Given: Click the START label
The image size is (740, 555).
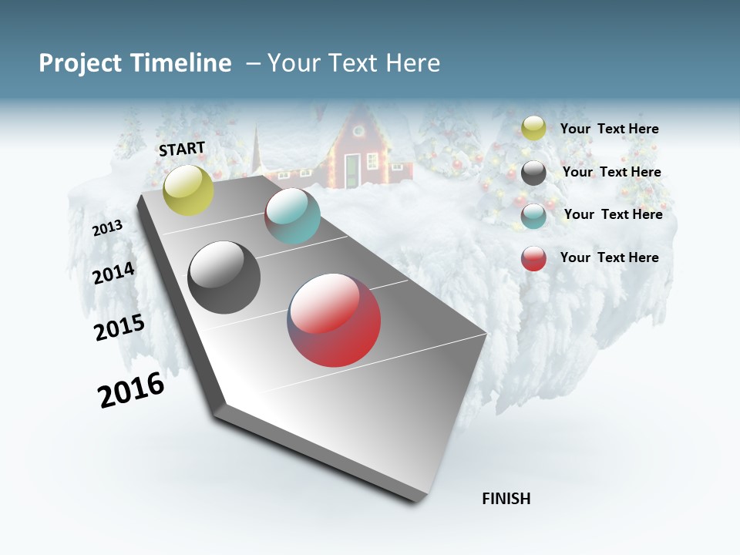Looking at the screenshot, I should pos(182,149).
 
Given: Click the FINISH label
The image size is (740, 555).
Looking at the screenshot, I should pos(506,499).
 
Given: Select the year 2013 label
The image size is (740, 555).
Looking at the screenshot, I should pos(107,228).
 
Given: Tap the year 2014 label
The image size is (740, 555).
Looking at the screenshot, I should pos(114,274).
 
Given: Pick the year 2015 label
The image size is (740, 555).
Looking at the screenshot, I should pos(119,328).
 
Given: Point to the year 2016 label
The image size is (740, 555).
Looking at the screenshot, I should pos(131,390).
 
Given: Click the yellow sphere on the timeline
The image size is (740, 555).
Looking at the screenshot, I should pos(188,190).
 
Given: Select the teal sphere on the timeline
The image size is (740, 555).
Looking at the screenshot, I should pos(292,216).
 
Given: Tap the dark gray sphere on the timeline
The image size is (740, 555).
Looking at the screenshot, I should pos(224,277).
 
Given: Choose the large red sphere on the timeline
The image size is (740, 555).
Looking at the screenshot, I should pos(335,320).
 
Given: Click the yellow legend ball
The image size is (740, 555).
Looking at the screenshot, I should pos(533,128).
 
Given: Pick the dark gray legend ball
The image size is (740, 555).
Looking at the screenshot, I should pos(533,173).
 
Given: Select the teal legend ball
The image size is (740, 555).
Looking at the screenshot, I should pos(533,216).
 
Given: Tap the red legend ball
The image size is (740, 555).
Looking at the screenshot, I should pos(533,258).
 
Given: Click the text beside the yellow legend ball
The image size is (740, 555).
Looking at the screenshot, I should pos(609,129).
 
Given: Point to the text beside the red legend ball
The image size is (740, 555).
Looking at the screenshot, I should pos(609,257).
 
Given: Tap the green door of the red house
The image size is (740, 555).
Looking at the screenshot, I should pos(352,169).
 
